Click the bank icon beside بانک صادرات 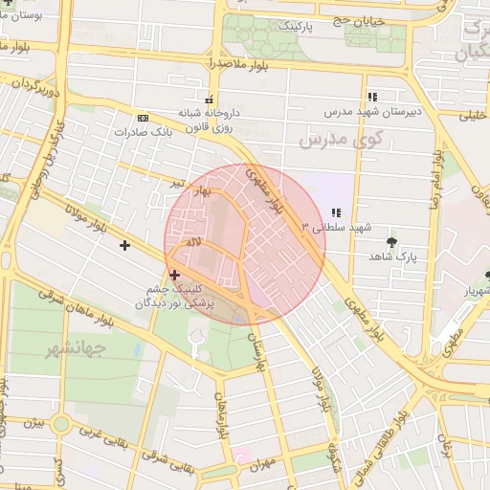143,118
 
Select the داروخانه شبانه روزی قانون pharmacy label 210,119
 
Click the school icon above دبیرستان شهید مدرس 372,97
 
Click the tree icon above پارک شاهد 391,241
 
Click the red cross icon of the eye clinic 173,275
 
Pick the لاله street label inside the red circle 194,244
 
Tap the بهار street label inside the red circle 202,194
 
